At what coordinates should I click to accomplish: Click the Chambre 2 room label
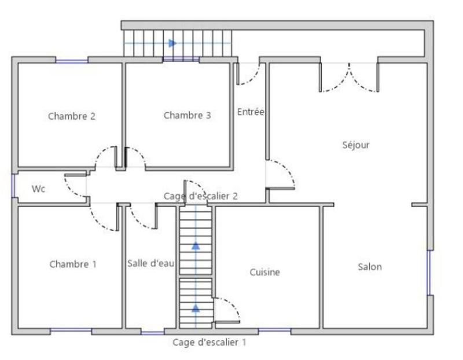pos(72,116)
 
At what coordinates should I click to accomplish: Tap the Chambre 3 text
pos(187,115)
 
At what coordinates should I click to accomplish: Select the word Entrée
pos(251,112)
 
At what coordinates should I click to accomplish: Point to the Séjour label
pos(355,145)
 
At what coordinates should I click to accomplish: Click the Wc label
pos(39,189)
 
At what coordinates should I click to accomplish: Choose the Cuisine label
pos(265,272)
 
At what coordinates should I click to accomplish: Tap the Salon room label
pos(369,267)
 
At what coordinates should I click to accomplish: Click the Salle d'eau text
pos(150,263)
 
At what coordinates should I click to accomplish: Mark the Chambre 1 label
pos(73,265)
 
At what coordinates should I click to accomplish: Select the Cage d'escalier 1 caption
pos(210,342)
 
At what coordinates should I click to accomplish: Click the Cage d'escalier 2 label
pos(201,196)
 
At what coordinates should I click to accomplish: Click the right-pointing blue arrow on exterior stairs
pos(172,43)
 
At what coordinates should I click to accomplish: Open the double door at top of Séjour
pos(350,78)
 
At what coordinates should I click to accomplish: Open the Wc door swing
pos(74,186)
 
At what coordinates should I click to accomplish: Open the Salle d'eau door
pos(142,218)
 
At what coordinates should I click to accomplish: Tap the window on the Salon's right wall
pos(429,272)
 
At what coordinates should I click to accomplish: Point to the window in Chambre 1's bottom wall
pos(71,330)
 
